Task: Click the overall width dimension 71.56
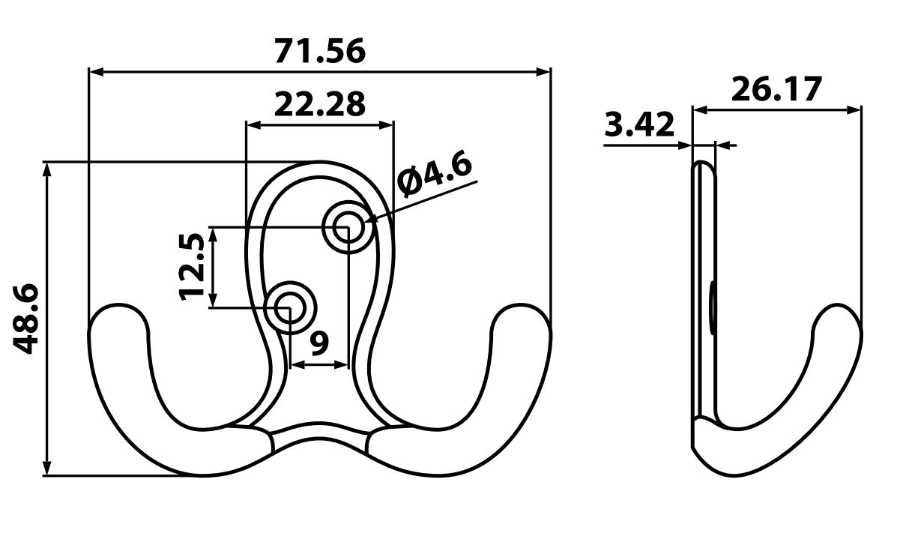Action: click(x=320, y=51)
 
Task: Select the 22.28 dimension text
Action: click(x=320, y=104)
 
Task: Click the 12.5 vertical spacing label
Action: click(x=193, y=266)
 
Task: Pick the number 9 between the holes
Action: click(x=318, y=343)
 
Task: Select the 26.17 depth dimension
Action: click(x=776, y=89)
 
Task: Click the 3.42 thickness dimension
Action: click(x=640, y=124)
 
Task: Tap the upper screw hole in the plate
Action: click(x=346, y=226)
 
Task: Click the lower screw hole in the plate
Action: click(x=292, y=307)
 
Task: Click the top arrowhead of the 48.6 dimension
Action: click(x=49, y=168)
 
